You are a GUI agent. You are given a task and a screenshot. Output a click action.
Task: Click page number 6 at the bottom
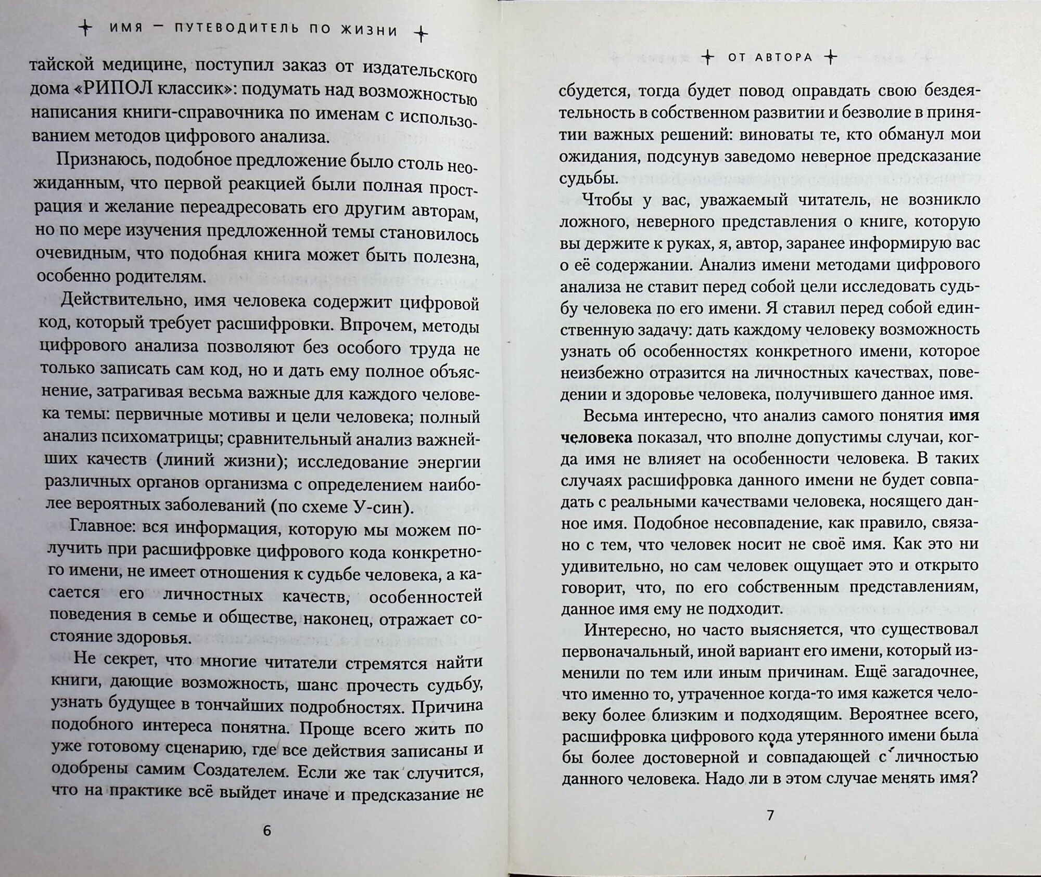click(266, 830)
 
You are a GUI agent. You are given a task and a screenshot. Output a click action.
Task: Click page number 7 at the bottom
click(771, 815)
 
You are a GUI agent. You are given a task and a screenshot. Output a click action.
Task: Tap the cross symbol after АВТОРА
click(831, 57)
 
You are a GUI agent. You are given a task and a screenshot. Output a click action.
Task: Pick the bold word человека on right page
click(596, 437)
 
